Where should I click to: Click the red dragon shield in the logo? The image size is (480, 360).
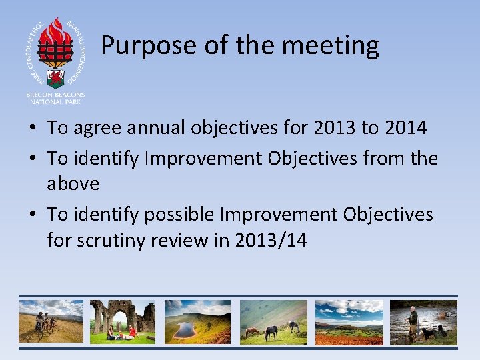(56, 77)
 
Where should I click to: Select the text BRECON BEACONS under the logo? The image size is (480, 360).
(55, 95)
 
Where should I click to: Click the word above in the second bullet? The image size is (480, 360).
(73, 183)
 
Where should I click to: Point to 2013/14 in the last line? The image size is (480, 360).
(271, 240)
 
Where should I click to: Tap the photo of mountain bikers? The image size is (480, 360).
(51, 322)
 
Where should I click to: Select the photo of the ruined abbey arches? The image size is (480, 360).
(122, 322)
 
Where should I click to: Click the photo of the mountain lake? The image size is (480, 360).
(197, 322)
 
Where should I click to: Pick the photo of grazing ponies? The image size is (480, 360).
(273, 322)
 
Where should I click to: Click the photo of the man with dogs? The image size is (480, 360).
(424, 322)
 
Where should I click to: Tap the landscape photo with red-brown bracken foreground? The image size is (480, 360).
(349, 322)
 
